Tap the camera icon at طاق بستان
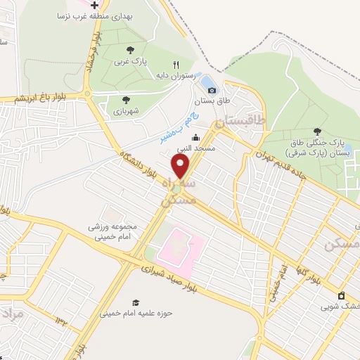point(212,90)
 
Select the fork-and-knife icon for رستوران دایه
point(186,65)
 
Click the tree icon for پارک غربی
point(130,49)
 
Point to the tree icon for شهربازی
point(126,100)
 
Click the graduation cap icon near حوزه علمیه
point(135,303)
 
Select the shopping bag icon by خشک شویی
point(341,295)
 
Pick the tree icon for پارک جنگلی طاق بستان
point(318,131)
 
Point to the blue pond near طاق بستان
point(210,84)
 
